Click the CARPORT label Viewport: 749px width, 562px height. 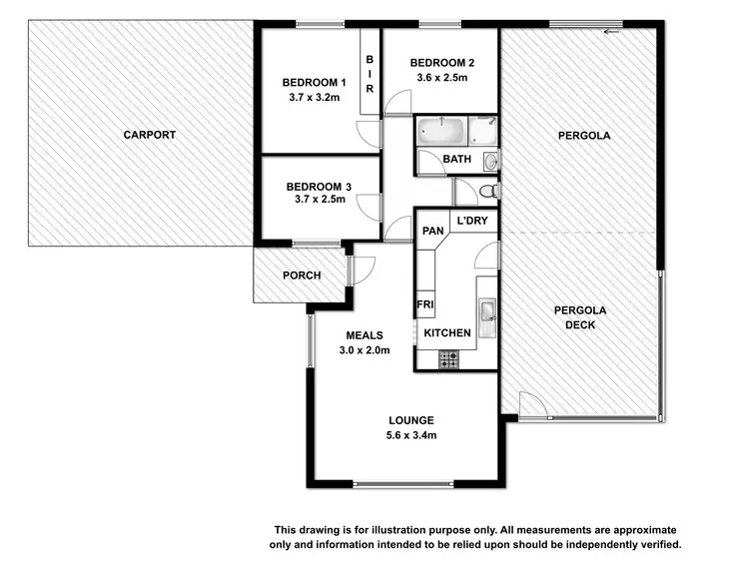click(150, 134)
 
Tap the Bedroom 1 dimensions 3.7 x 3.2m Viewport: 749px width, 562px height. click(314, 97)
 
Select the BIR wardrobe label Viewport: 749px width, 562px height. click(369, 75)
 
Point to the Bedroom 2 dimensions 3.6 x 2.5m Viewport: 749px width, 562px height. click(441, 79)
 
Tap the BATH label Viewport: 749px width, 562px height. click(457, 160)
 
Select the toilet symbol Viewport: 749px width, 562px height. click(486, 190)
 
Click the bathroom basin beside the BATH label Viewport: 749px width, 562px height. click(489, 160)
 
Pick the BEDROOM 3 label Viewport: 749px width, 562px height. click(319, 186)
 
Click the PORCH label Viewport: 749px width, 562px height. click(301, 276)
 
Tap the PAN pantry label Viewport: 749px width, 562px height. click(432, 232)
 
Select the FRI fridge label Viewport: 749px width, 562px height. click(423, 304)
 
